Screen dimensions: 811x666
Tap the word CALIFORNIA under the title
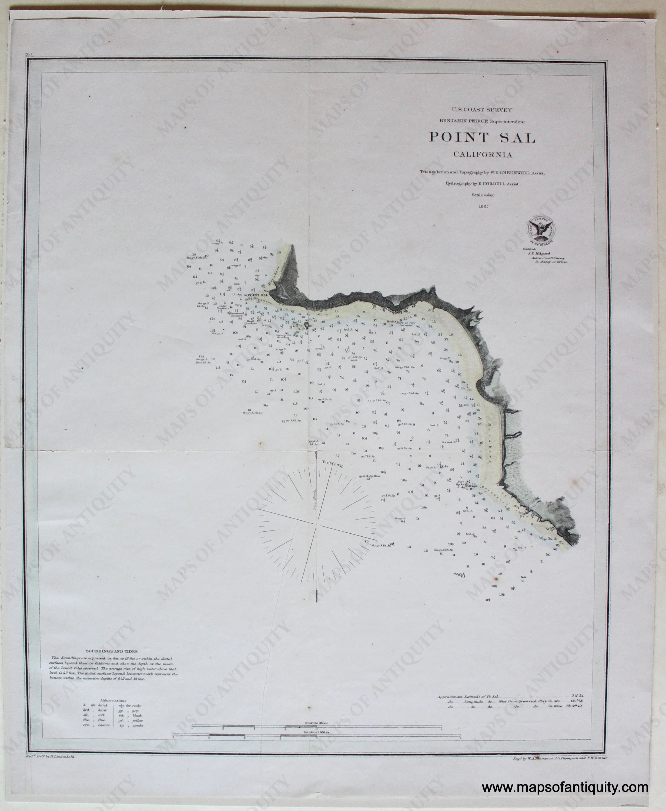(483, 155)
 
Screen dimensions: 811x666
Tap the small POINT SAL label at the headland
(258, 295)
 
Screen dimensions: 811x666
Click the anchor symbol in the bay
(344, 350)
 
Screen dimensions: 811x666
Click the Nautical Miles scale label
(316, 732)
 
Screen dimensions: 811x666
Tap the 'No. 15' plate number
(30, 55)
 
